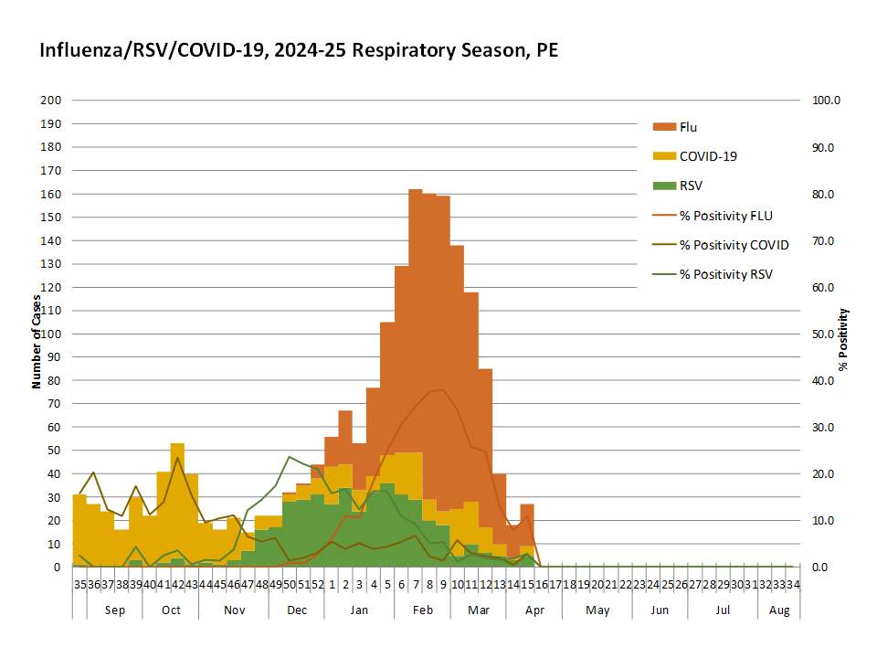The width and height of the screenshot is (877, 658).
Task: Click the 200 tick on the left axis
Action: tap(51, 101)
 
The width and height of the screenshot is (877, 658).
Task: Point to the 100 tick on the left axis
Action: tap(51, 334)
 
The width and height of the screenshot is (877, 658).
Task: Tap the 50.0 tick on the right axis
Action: tap(825, 334)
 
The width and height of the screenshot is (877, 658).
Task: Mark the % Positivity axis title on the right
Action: tap(843, 339)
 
